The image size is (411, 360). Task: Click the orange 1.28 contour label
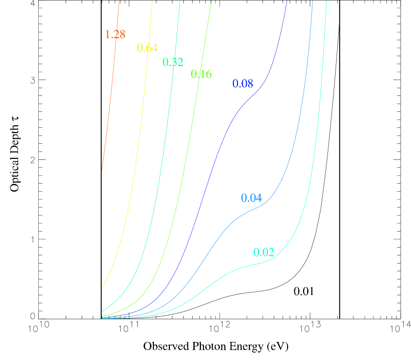tap(115, 35)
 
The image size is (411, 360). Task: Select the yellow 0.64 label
tap(147, 48)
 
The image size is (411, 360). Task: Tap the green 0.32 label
tap(173, 62)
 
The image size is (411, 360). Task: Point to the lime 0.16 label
tap(201, 74)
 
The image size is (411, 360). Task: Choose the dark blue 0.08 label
tap(243, 84)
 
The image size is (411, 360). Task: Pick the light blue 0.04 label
tap(251, 198)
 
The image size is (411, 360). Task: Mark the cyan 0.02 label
tap(264, 253)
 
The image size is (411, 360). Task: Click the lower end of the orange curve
tap(102, 169)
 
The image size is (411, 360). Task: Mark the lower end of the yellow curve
tap(102, 288)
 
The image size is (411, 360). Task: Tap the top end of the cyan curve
tap(326, 1)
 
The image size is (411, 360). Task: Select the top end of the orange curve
tap(119, 1)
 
